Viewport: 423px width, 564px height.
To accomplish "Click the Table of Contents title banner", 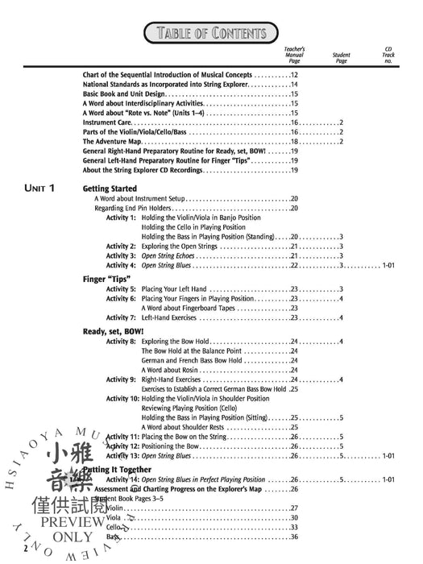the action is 211,33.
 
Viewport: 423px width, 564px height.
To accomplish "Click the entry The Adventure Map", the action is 113,141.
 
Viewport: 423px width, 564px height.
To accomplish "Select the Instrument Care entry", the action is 110,122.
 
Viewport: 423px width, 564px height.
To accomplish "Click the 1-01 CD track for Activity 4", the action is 388,265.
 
